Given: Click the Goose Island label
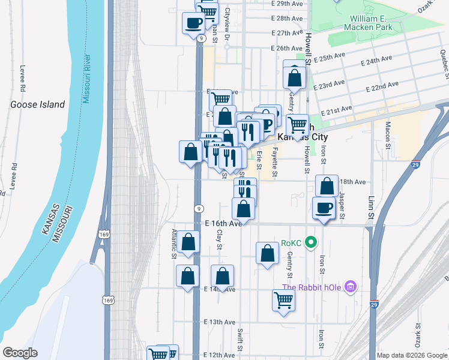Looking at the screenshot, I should (x=37, y=104).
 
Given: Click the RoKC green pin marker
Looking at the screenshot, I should (x=311, y=243).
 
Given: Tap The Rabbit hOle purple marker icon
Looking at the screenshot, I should (x=351, y=287).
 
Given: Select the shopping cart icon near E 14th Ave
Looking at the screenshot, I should (x=283, y=301).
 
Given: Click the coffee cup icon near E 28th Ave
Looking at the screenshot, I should (x=194, y=23).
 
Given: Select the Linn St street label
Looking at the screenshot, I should (x=371, y=206).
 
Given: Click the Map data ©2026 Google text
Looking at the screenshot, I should (x=412, y=355).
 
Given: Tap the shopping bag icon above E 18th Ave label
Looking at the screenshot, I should (x=326, y=187).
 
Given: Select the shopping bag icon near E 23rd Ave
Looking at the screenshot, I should (x=294, y=77).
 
